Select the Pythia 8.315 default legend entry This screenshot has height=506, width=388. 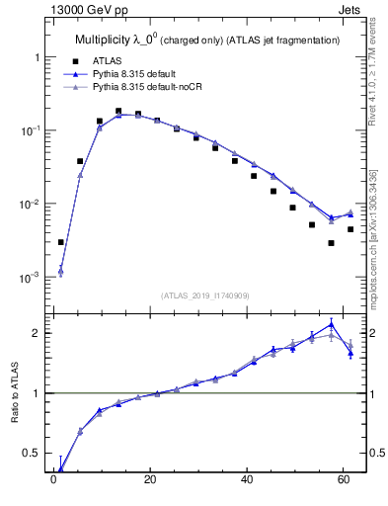pos(137,74)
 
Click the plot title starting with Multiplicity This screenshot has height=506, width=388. pos(207,40)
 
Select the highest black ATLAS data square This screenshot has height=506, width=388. pos(118,112)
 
